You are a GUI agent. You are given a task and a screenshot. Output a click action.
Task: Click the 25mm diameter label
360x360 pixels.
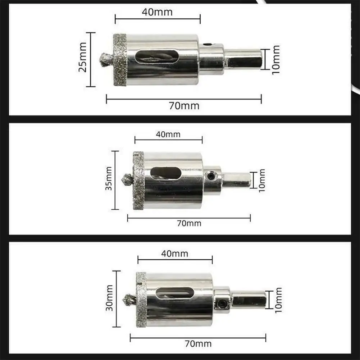[x=83, y=57]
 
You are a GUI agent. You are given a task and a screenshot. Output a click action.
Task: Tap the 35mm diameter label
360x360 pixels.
[x=109, y=179]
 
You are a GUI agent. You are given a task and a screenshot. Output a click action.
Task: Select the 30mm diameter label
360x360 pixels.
[x=110, y=298]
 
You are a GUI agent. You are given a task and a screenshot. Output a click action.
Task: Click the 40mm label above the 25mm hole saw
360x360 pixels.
[x=157, y=12]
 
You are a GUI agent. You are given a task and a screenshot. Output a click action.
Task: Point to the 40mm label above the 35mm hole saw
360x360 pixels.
[x=168, y=134]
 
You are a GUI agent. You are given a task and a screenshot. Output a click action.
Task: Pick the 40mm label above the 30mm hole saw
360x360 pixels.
[x=175, y=254]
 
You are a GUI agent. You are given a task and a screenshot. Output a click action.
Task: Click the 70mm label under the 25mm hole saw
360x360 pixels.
[x=184, y=106]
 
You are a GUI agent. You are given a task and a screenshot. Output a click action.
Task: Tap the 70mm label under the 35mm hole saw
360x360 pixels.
[x=189, y=223]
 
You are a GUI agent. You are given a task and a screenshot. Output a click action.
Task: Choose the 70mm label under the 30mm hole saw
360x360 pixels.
[x=198, y=344]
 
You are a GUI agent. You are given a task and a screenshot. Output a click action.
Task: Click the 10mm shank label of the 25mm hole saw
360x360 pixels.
[x=276, y=60]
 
